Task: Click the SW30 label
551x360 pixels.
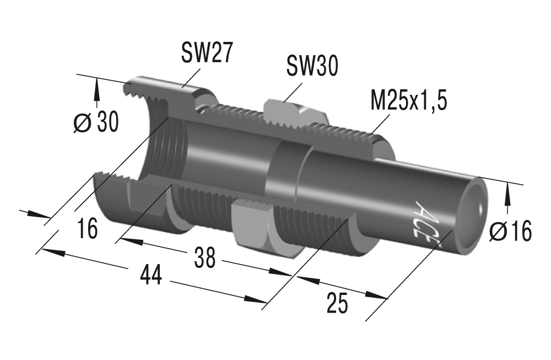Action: [311, 67]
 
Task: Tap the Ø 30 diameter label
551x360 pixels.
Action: [96, 122]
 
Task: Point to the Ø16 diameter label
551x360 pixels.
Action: [511, 232]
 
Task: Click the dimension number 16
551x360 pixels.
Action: [87, 228]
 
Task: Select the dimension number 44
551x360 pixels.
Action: [150, 276]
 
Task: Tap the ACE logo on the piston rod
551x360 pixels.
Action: [423, 220]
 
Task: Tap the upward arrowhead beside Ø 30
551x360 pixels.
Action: [97, 85]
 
